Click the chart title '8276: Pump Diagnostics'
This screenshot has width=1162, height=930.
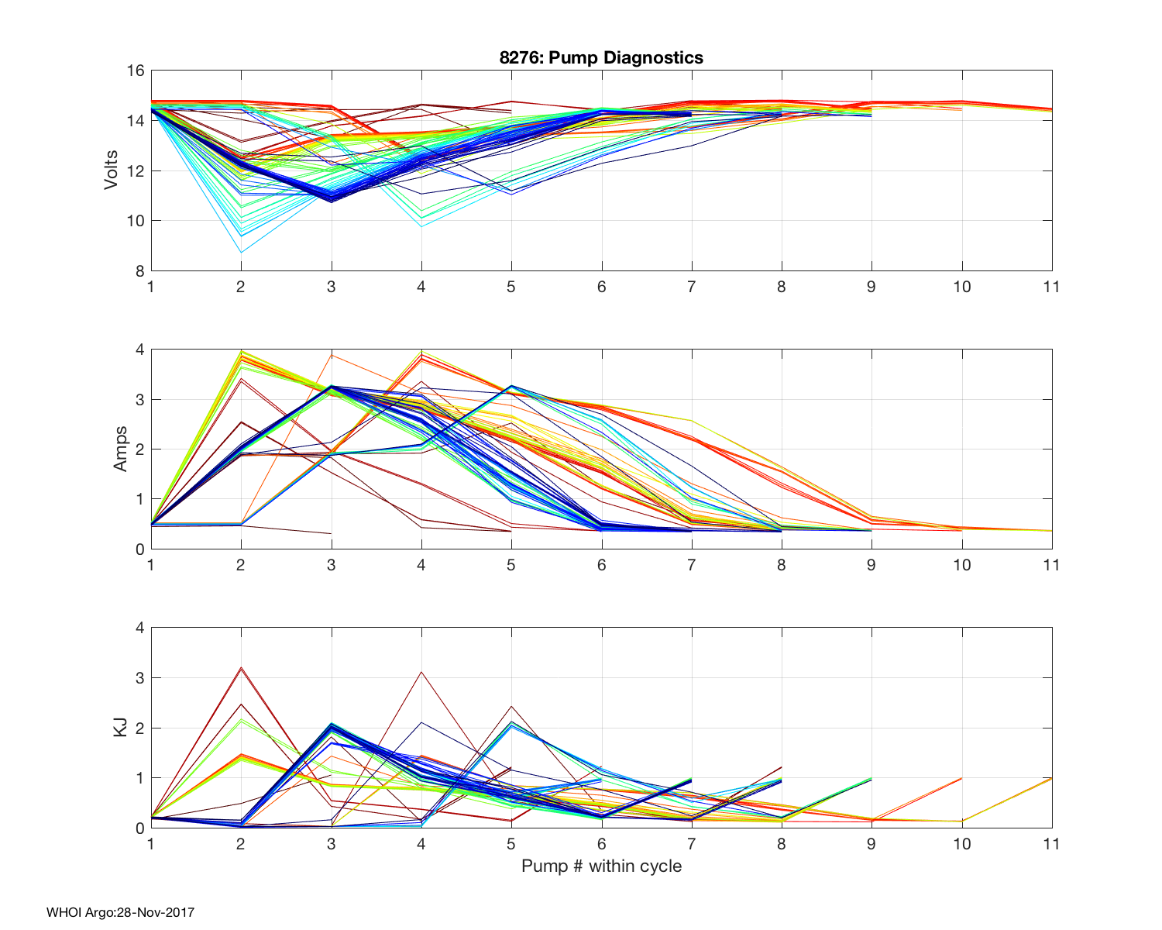601,57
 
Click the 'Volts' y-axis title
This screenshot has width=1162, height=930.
112,170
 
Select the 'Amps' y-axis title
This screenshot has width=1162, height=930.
120,449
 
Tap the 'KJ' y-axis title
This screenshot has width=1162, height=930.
120,727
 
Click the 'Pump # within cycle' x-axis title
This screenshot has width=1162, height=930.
601,866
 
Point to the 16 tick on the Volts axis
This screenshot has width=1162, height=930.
136,71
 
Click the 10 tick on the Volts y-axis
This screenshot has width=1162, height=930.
136,221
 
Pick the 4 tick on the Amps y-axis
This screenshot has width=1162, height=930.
140,350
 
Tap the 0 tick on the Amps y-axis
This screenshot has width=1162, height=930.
140,549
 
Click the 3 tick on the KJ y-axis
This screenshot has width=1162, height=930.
140,677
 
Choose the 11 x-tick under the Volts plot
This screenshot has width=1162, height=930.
1051,287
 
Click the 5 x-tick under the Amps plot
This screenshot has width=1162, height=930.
511,565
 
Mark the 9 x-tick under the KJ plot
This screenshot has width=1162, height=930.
871,843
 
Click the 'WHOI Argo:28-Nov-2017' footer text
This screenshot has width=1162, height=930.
120,912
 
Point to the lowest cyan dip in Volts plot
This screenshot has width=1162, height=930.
241,252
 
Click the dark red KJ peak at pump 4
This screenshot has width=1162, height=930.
421,672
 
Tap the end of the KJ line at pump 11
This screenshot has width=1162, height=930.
1051,778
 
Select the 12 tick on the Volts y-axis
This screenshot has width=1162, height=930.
136,171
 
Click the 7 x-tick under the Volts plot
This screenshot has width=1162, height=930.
691,287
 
